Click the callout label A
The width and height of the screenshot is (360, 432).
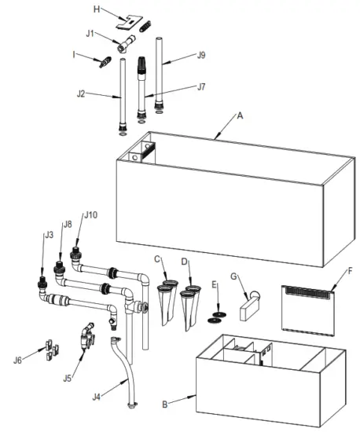[x=240, y=115]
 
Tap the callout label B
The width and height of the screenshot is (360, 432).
[x=164, y=405]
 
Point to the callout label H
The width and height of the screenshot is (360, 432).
[x=97, y=9]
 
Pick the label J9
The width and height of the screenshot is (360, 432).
[x=201, y=56]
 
